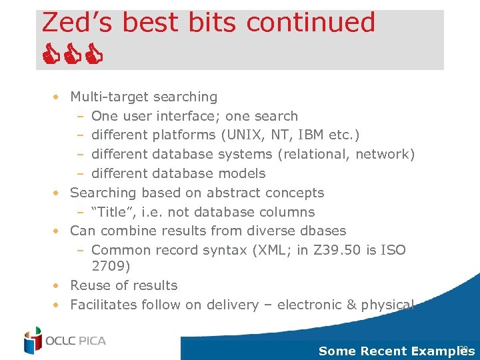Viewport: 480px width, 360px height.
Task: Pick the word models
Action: pos(244,174)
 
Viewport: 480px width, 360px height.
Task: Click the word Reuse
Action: pos(91,286)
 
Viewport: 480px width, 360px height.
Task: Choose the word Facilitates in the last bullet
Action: pos(103,305)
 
